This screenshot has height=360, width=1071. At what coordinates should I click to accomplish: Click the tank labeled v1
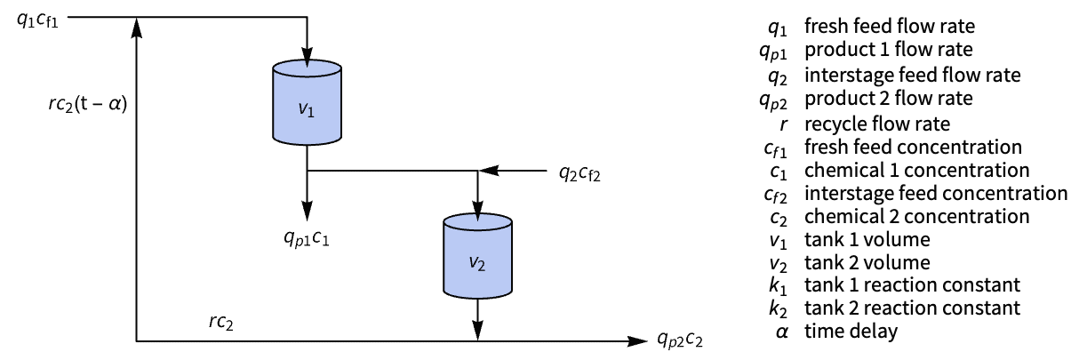point(307,102)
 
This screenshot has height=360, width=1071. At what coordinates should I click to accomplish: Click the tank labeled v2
point(477,256)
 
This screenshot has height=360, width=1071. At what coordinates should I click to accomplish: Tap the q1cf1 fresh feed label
point(37,20)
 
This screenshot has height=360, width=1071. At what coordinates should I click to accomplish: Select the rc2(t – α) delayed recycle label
point(88,104)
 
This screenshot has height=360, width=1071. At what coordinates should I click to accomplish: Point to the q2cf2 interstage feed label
point(579,173)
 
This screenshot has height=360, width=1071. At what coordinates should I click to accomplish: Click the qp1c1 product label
point(307,237)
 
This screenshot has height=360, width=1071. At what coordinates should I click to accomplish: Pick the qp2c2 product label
point(680,340)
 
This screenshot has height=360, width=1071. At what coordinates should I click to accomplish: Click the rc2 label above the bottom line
point(221,322)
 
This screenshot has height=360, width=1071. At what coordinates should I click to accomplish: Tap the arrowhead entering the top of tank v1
point(307,57)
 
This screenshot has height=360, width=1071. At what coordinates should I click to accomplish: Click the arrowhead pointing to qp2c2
point(637,341)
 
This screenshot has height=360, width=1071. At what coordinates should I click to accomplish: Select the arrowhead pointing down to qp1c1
point(307,211)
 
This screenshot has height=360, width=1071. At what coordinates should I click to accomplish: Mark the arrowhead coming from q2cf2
point(489,170)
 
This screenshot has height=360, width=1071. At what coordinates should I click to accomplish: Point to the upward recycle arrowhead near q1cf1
point(137,28)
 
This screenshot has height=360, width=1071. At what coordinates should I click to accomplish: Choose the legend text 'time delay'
point(851,331)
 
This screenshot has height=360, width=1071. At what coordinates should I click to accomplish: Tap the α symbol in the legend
point(782,332)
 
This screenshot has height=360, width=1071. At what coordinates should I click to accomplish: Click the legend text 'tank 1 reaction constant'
point(912,285)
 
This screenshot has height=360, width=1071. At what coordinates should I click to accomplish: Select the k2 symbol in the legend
point(778,308)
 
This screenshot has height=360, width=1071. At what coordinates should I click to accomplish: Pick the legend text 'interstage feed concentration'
point(936,193)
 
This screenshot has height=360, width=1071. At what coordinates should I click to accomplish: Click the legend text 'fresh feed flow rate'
point(890,26)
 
